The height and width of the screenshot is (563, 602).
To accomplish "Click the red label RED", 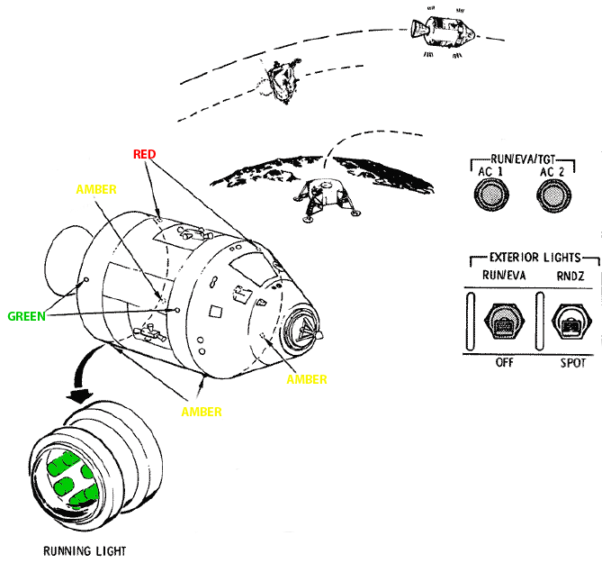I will pyautogui.click(x=144, y=154).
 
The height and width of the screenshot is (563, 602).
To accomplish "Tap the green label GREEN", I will pyautogui.click(x=27, y=316).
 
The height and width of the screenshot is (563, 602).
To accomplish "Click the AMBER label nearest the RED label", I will pyautogui.click(x=96, y=190).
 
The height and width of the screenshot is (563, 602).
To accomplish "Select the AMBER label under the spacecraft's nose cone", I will pyautogui.click(x=306, y=379).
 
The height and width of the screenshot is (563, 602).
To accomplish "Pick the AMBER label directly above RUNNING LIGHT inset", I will pyautogui.click(x=202, y=412).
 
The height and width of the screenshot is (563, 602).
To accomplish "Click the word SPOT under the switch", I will pyautogui.click(x=571, y=363).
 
